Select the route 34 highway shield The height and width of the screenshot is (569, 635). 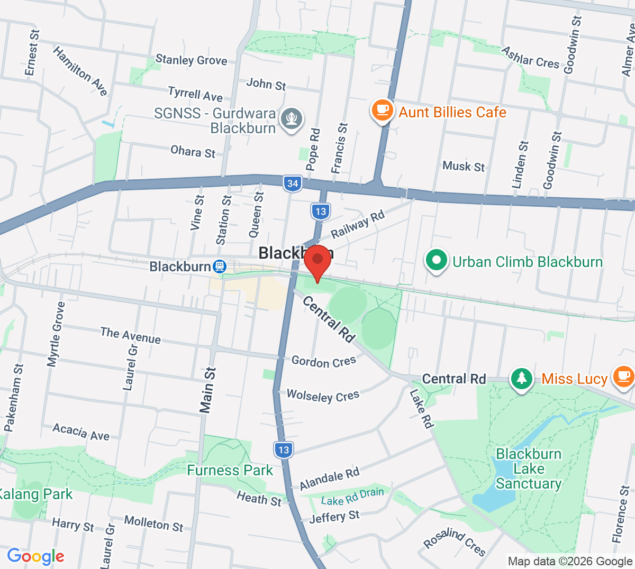pos(292,183)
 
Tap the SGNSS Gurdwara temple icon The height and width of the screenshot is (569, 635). pos(292,118)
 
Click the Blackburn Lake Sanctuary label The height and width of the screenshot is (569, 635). pos(528,469)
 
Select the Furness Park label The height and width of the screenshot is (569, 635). pos(230,470)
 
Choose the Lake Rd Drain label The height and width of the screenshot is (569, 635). pos(352,497)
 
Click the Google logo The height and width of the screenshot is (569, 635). pos(35,556)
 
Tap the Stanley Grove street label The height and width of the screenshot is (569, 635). pos(191,60)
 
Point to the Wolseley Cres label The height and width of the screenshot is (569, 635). pos(323,396)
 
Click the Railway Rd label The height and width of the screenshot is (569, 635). pos(358,224)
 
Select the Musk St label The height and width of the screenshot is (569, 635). pos(464,166)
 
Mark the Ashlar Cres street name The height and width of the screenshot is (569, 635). pos(530,57)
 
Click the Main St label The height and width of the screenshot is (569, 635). pos(207,390)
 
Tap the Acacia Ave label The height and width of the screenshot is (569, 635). pos(81,432)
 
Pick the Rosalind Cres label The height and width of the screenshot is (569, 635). pos(455,542)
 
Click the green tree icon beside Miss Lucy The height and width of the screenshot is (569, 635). pos(522,378)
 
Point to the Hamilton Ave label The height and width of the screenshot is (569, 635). pos(80,71)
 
